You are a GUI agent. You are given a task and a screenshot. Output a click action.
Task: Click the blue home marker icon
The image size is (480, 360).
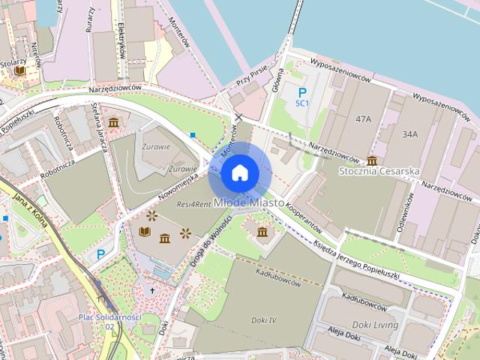[239, 173]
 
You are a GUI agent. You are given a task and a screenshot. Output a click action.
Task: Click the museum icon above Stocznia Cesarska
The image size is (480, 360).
[372, 160]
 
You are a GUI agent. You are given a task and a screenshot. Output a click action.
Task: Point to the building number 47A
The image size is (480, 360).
[364, 119]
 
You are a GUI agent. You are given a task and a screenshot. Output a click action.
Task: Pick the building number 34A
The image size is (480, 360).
[409, 134]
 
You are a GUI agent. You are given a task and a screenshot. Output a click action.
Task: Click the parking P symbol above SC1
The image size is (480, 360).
[302, 91]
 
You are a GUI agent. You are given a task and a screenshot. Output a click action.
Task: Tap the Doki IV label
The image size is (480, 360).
[264, 320]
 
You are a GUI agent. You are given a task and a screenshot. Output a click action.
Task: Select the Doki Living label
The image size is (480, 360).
[376, 325]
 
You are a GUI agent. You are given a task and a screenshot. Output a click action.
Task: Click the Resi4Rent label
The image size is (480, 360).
[191, 204]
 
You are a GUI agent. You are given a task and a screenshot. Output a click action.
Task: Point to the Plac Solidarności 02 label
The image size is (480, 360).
[110, 321]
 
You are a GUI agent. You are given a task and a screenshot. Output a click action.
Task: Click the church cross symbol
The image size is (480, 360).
[152, 289]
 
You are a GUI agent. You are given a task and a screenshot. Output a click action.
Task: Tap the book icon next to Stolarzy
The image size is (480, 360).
[19, 70]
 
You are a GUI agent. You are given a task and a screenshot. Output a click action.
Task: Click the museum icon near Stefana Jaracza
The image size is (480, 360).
[113, 122]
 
